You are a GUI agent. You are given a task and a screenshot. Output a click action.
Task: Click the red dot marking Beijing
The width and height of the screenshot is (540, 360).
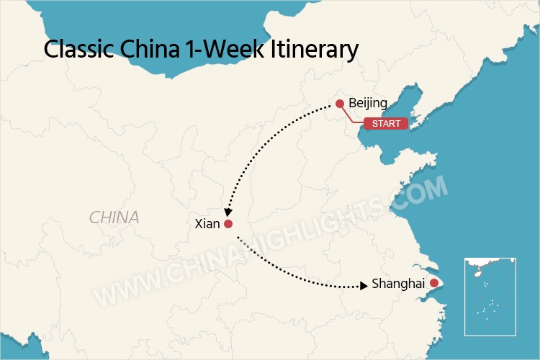[x=340, y=104]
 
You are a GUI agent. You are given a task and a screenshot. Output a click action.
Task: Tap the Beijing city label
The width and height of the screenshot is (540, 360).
[x=368, y=104]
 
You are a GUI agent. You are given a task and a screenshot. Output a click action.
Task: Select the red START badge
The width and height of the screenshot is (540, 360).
[x=386, y=124]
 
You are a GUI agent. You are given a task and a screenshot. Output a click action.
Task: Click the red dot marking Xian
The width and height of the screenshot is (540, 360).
[x=228, y=224]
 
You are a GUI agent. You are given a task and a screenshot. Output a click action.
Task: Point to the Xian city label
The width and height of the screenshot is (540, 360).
[x=207, y=224]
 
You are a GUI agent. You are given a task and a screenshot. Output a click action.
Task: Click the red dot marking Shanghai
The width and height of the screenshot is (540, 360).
[x=433, y=284]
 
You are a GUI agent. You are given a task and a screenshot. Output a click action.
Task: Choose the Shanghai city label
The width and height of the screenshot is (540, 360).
[x=398, y=284]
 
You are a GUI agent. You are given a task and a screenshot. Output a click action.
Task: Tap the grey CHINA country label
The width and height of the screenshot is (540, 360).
[x=114, y=217]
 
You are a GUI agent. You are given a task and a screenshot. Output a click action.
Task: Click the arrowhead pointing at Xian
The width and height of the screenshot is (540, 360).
[x=226, y=212]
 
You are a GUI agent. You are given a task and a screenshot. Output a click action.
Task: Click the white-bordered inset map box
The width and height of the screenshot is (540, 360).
[x=490, y=296]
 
